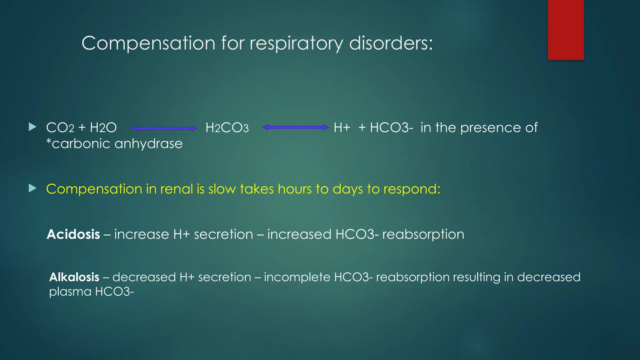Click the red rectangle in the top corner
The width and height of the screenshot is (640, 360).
[x=566, y=30]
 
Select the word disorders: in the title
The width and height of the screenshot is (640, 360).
[x=391, y=43]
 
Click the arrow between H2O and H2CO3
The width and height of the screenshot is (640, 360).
[x=164, y=128]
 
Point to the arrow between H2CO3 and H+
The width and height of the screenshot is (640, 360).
[x=296, y=127]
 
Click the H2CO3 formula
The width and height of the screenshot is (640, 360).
[x=227, y=128]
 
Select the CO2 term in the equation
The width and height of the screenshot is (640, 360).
[x=60, y=128]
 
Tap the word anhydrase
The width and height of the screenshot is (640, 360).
[x=148, y=144]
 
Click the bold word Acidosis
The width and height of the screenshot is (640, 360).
[x=73, y=234]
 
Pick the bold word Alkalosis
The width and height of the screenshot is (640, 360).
[x=74, y=277]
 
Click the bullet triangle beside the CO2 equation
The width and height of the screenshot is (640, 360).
[x=32, y=127]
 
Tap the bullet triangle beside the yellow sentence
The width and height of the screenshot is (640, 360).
[x=32, y=188]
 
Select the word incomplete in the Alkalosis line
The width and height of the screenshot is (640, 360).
[x=297, y=277]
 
